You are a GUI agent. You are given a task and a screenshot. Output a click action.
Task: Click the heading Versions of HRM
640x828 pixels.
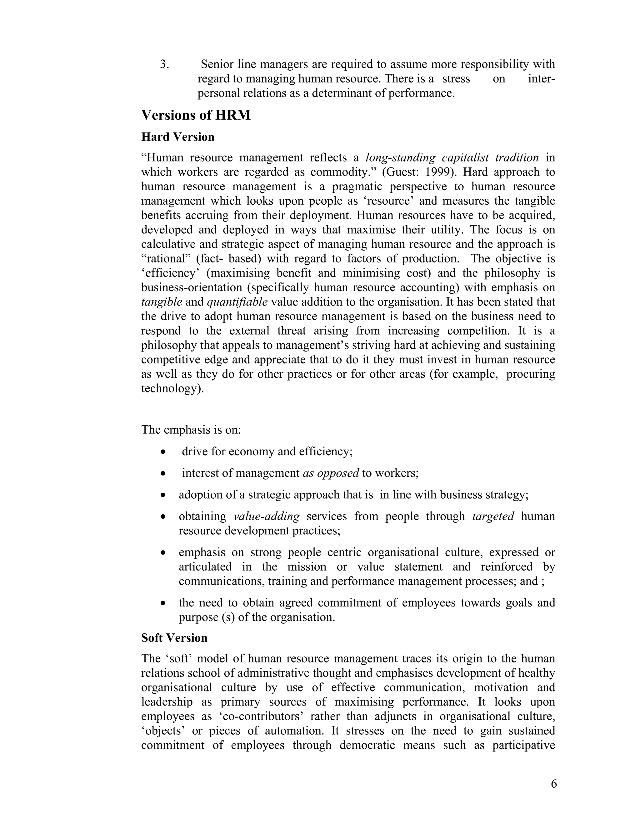point(196,115)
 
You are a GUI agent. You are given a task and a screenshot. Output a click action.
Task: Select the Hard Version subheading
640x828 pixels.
point(177,137)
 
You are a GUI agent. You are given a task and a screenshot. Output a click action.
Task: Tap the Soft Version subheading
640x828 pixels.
point(174,638)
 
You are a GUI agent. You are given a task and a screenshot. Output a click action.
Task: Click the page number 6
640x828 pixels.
point(553,784)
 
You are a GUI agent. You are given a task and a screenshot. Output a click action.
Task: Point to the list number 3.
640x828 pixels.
point(164,64)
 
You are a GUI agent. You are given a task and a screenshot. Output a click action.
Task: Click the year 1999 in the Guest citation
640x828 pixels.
point(437,172)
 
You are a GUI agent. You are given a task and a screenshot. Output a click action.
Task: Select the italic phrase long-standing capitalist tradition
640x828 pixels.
point(452,158)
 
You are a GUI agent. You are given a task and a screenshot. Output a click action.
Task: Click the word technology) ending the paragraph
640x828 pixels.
point(172,389)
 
